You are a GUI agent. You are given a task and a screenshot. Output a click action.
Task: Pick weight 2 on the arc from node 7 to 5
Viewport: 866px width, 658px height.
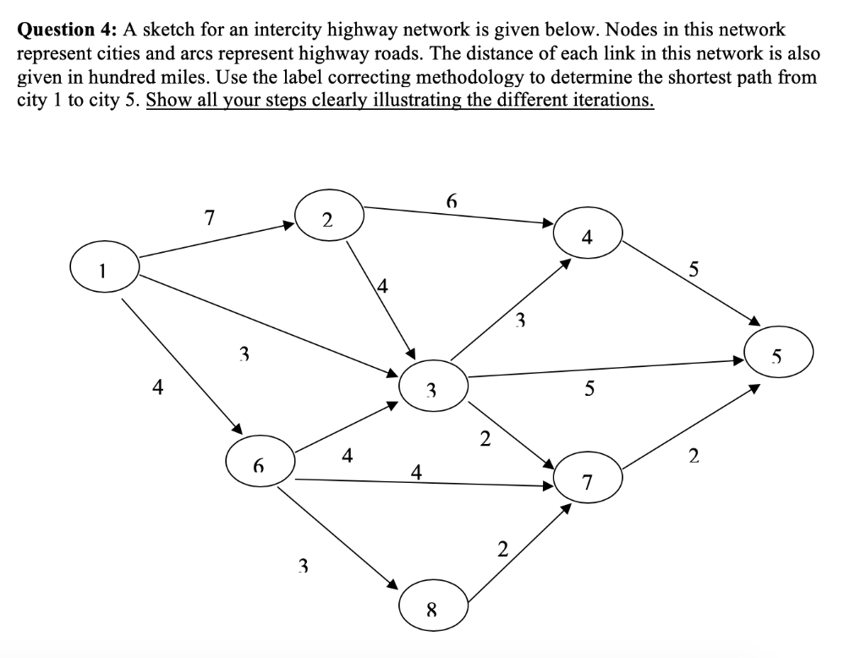[x=693, y=458]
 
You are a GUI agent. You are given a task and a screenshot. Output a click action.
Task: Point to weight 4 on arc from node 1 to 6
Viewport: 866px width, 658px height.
[x=156, y=387]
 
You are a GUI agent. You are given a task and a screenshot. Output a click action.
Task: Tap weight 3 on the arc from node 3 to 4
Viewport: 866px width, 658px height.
[x=521, y=320]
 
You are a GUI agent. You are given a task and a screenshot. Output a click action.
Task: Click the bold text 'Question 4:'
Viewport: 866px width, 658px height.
[x=69, y=30]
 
